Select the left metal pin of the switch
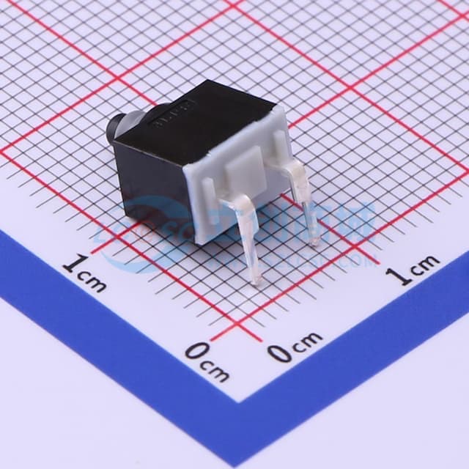click(x=248, y=234)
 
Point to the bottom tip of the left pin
click(x=255, y=281)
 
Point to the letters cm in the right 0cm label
click(x=306, y=341)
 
